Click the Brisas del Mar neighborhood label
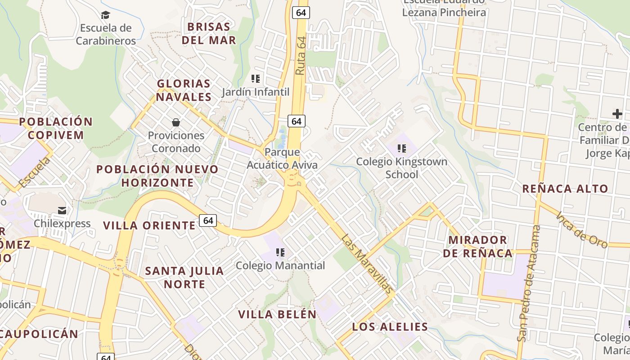click(209, 33)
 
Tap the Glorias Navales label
click(184, 90)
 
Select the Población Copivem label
click(56, 128)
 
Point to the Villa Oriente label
click(149, 225)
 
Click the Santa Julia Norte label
click(184, 278)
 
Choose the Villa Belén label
click(277, 314)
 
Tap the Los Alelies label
click(390, 327)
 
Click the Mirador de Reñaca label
click(478, 246)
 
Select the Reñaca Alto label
click(565, 189)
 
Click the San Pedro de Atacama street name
click(529, 283)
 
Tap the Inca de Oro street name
click(582, 229)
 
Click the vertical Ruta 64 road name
click(301, 56)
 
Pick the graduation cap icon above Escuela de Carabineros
click(105, 15)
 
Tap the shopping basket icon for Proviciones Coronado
click(175, 122)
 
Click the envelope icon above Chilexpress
click(62, 210)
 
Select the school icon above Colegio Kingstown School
click(402, 148)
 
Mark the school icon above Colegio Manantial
click(280, 252)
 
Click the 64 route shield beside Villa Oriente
click(208, 220)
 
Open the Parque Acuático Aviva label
click(282, 158)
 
